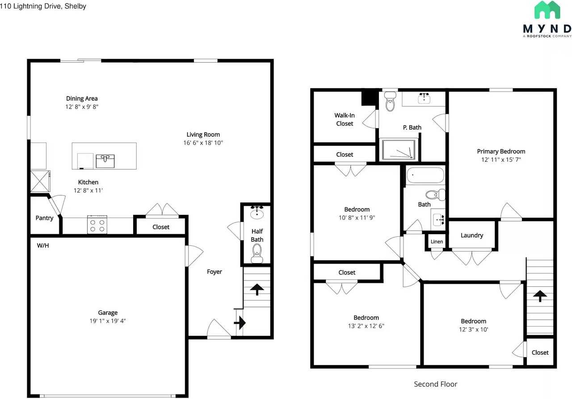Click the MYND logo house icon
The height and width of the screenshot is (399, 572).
pyautogui.click(x=547, y=10)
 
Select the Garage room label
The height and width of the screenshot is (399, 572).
pyautogui.click(x=108, y=313)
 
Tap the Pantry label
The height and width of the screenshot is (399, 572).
pyautogui.click(x=44, y=218)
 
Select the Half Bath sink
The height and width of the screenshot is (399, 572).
pyautogui.click(x=257, y=213)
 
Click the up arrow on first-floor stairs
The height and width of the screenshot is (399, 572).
pyautogui.click(x=257, y=290)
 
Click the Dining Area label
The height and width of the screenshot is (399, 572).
pyautogui.click(x=82, y=98)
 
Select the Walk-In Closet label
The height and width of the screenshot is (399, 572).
pyautogui.click(x=344, y=119)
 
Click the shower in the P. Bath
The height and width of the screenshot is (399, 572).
pyautogui.click(x=399, y=149)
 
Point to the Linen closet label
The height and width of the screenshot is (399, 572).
pyautogui.click(x=437, y=242)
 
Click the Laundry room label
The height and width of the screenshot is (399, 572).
pyautogui.click(x=471, y=235)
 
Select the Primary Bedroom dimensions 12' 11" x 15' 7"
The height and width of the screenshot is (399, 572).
pyautogui.click(x=501, y=160)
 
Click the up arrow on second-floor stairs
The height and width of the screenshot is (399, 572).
pyautogui.click(x=540, y=296)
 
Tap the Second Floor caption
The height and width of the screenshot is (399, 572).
pyautogui.click(x=435, y=384)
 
